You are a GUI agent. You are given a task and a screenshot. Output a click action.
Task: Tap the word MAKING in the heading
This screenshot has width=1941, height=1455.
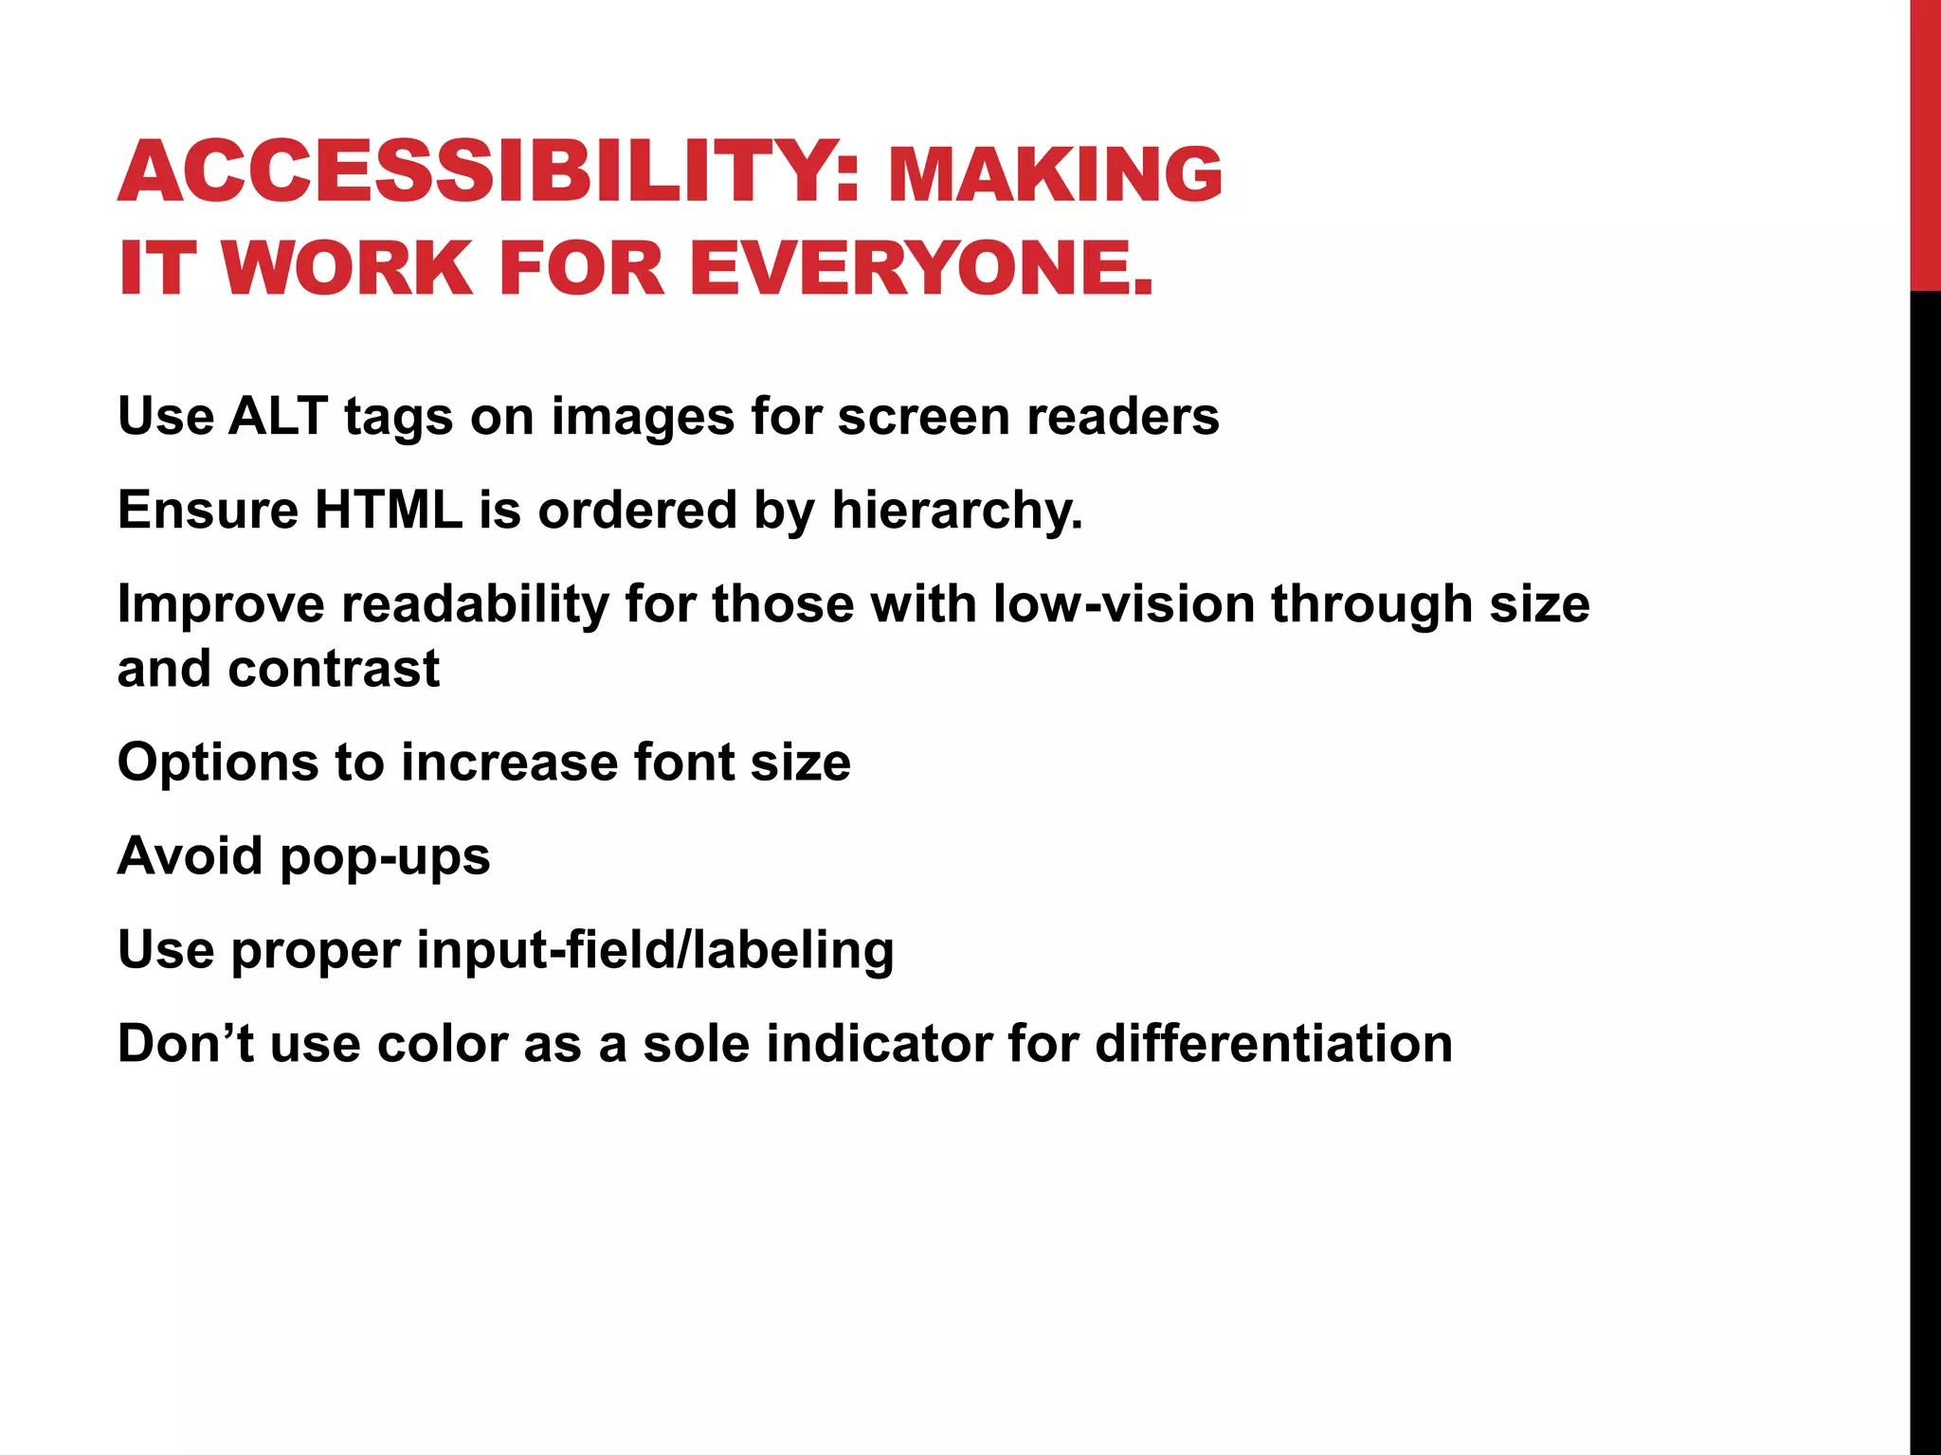(1055, 174)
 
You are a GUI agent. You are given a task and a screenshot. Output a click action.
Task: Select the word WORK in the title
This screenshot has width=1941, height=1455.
(347, 268)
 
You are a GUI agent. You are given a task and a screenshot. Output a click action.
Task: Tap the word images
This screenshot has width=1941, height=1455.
(643, 418)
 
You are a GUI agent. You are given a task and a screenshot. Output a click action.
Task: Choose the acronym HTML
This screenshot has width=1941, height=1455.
(389, 510)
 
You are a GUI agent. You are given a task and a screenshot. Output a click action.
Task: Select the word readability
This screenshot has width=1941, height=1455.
(475, 604)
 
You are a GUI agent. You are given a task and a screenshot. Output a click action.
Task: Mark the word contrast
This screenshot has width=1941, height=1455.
(334, 669)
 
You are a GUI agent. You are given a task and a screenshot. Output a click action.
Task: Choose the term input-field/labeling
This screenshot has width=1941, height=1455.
(655, 950)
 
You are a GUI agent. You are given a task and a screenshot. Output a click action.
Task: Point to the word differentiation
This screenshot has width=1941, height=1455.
(1274, 1043)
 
